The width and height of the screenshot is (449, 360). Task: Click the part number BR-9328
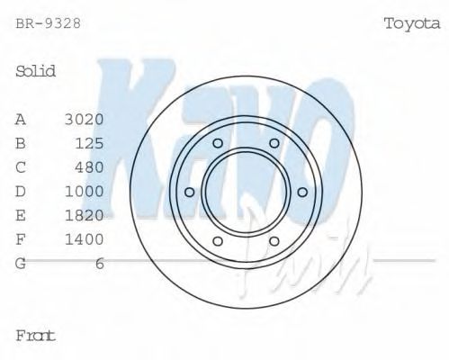click(x=48, y=23)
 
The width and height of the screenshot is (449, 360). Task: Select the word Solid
click(x=36, y=71)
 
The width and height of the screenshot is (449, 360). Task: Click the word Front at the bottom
click(x=36, y=336)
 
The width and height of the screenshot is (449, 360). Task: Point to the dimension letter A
click(x=21, y=119)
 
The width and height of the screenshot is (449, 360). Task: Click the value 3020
click(x=85, y=119)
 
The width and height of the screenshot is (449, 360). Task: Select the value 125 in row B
click(x=89, y=143)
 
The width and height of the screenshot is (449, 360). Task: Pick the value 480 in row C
click(x=89, y=167)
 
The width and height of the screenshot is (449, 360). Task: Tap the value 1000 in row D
click(x=85, y=191)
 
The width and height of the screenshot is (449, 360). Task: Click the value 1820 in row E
click(x=85, y=215)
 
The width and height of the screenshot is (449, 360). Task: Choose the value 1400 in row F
click(x=85, y=239)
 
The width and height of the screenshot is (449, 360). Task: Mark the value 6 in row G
click(x=100, y=263)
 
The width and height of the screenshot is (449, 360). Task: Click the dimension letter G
click(x=21, y=263)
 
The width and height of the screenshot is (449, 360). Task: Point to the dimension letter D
click(x=21, y=191)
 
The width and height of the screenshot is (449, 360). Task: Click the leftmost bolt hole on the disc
click(x=189, y=192)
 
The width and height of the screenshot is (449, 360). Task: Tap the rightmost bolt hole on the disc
click(x=302, y=192)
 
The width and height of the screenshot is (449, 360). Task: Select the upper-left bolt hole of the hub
click(x=217, y=143)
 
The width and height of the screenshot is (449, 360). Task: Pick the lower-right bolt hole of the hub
click(x=274, y=240)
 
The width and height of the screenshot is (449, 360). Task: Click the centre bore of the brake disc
click(x=246, y=192)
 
